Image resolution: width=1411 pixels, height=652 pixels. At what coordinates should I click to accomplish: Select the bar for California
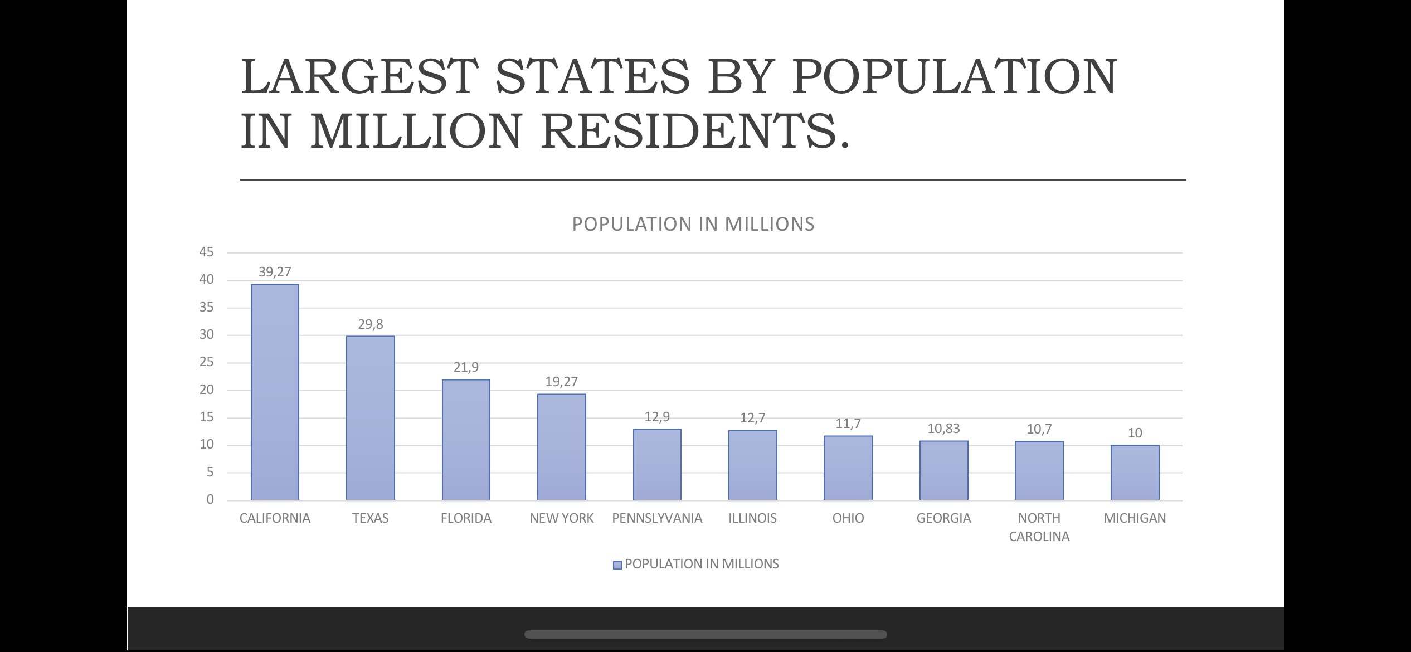click(275, 392)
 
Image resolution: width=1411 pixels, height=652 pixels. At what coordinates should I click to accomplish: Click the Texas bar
click(371, 418)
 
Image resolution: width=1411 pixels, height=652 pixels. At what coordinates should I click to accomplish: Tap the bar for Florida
click(466, 440)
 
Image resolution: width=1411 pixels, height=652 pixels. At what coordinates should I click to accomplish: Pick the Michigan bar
click(1135, 473)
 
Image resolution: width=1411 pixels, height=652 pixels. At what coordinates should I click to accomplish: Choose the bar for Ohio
click(848, 468)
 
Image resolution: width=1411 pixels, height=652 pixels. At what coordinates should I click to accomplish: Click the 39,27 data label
click(275, 272)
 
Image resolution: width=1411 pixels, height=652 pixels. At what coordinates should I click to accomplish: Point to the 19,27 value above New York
click(562, 382)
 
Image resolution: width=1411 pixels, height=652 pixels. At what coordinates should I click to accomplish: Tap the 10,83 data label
click(944, 429)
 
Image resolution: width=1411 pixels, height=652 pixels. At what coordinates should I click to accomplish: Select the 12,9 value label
click(658, 417)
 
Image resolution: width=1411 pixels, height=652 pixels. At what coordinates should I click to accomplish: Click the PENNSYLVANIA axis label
click(658, 518)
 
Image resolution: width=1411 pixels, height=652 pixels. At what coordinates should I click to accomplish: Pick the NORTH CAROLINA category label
click(1039, 527)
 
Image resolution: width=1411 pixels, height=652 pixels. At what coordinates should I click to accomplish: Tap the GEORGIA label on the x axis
click(944, 518)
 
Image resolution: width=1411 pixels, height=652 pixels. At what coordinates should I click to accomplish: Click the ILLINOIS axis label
click(753, 518)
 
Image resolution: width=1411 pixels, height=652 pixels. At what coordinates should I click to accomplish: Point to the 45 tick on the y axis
click(206, 252)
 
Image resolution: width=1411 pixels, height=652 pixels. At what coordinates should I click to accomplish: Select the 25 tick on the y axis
click(206, 362)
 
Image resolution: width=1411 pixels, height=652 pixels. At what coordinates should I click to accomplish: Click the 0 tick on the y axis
click(210, 499)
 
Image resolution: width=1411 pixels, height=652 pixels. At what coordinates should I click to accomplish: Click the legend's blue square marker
click(617, 565)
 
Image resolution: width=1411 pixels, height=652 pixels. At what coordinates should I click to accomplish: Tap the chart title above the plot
click(693, 224)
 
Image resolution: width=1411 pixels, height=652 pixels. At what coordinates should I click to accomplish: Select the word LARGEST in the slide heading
click(360, 76)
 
